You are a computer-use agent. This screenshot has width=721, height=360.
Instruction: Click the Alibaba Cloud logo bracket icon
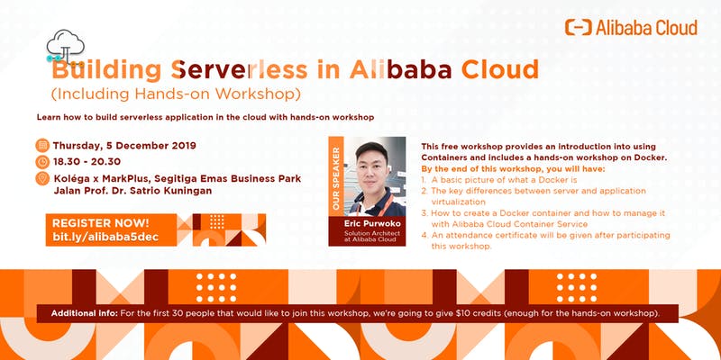pyautogui.click(x=579, y=28)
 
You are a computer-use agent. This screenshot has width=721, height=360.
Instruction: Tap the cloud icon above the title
pyautogui.click(x=66, y=46)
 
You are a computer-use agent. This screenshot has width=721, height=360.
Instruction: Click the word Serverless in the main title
pyautogui.click(x=239, y=70)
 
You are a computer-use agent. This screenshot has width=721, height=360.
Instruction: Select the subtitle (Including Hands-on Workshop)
pyautogui.click(x=176, y=94)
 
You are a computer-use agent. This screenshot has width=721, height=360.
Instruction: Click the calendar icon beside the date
pyautogui.click(x=42, y=146)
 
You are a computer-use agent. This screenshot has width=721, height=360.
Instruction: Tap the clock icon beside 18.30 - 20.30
pyautogui.click(x=42, y=162)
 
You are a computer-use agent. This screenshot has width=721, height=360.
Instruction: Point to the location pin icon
pyautogui.click(x=42, y=178)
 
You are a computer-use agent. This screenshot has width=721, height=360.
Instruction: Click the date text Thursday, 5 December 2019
pyautogui.click(x=124, y=146)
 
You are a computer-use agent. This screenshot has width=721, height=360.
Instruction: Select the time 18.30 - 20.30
pyautogui.click(x=87, y=162)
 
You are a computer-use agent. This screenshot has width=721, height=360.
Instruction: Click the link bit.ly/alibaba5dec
pyautogui.click(x=105, y=237)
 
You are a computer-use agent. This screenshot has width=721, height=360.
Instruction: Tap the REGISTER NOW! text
pyautogui.click(x=101, y=223)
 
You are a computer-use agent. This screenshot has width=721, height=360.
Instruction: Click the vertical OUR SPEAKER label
pyautogui.click(x=336, y=178)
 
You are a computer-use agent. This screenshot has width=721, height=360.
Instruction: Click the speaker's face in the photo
pyautogui.click(x=371, y=170)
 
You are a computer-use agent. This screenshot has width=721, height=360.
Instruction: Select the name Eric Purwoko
pyautogui.click(x=372, y=224)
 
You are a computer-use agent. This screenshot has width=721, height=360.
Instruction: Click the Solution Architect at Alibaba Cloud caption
pyautogui.click(x=372, y=236)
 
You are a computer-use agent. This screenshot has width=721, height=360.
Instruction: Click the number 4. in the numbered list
pyautogui.click(x=424, y=235)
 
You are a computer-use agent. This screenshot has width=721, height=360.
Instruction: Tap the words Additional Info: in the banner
pyautogui.click(x=85, y=313)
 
